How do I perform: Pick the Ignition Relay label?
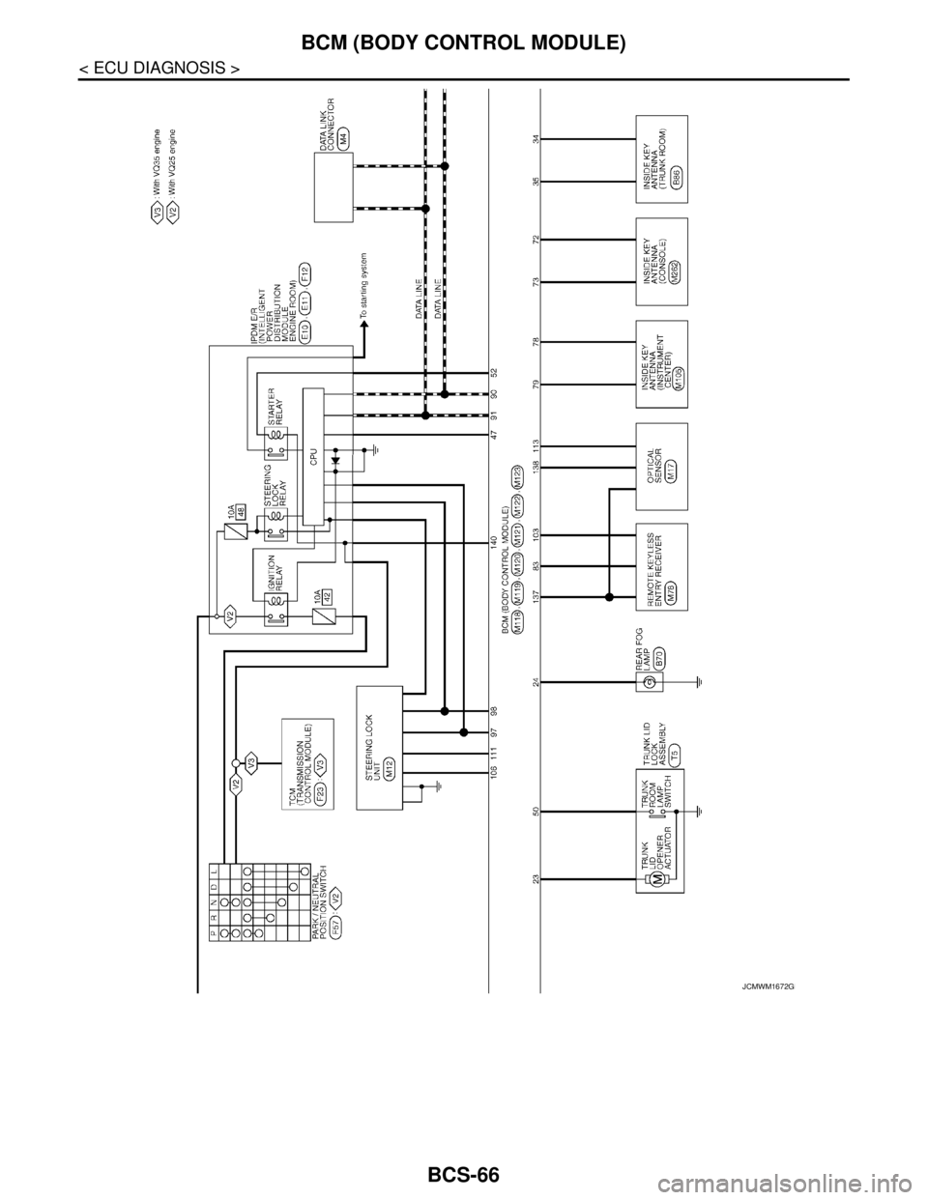(274, 572)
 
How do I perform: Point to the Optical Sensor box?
(660, 466)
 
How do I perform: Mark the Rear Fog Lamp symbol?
(651, 682)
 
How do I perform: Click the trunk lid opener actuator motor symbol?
(656, 878)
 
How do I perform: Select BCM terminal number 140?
(493, 543)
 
